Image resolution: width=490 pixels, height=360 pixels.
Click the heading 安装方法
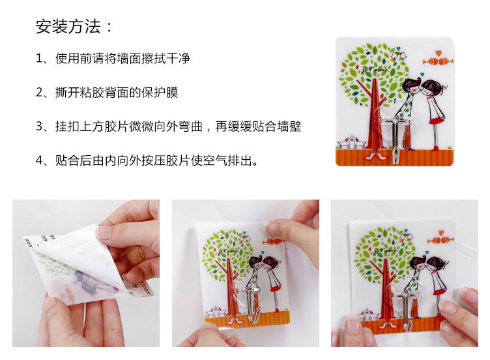point(68,26)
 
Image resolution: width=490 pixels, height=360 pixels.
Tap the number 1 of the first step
point(39,58)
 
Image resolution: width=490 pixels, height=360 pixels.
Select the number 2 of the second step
point(39,92)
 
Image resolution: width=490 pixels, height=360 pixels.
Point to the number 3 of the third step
point(39,127)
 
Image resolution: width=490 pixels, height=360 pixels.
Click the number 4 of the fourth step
point(39,160)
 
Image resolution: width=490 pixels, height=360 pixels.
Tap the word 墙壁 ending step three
point(289,127)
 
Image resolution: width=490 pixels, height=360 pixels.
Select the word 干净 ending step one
point(178,58)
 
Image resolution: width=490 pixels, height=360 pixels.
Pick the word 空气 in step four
point(215,160)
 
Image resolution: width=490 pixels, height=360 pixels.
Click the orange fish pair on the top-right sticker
point(438,61)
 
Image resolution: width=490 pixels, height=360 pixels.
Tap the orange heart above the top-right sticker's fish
point(439,53)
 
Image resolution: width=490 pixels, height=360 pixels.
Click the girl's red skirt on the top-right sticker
point(437,120)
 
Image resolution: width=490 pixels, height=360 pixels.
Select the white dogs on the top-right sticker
point(352,142)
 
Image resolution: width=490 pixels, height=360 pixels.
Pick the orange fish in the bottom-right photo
point(440,240)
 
